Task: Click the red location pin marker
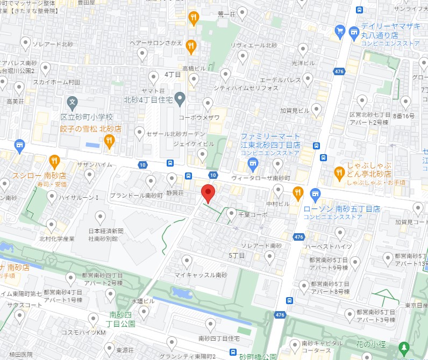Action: (208, 192)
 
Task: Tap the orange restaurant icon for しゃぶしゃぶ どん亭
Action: (339, 172)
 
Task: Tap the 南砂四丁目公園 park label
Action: (122, 319)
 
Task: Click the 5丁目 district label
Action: (237, 255)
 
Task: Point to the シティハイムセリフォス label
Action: (246, 88)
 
